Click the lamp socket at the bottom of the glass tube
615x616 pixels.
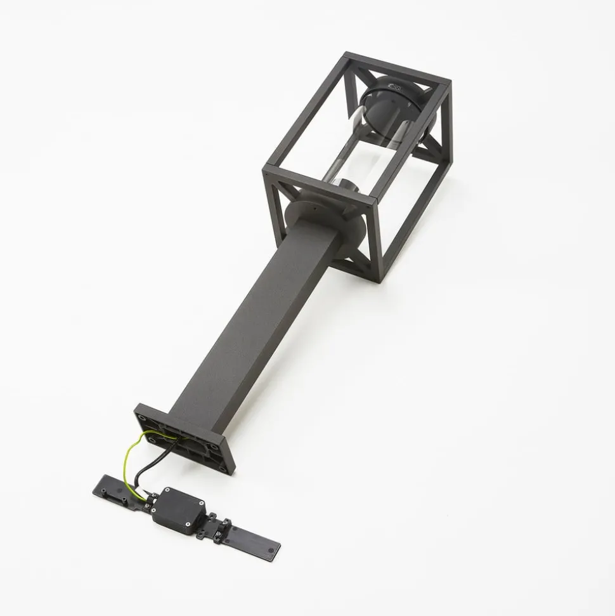pos(348,188)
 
